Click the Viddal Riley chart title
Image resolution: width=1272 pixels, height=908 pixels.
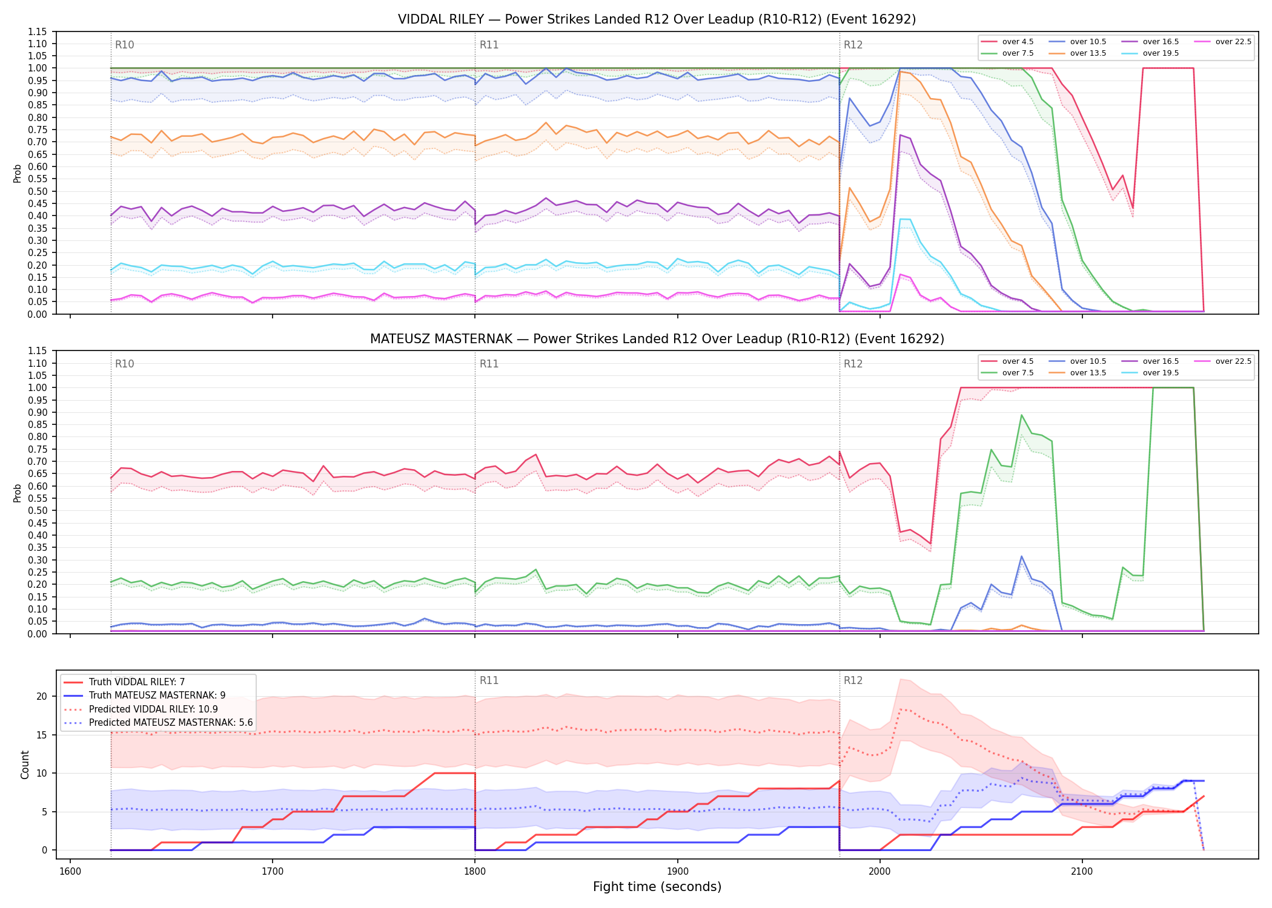(x=657, y=19)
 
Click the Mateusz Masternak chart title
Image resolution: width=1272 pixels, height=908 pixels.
(x=657, y=339)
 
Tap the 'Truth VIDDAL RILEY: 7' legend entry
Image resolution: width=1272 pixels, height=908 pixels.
(x=125, y=682)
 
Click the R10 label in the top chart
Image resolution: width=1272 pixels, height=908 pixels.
(x=124, y=45)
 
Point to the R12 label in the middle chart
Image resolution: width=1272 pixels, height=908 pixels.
(x=853, y=364)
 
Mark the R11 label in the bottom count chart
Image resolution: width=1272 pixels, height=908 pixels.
(x=489, y=680)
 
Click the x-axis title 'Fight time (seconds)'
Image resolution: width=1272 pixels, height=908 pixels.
(x=657, y=887)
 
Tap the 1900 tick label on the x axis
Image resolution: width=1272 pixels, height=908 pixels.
(x=677, y=872)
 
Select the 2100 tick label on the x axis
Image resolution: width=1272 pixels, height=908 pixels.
(x=1082, y=872)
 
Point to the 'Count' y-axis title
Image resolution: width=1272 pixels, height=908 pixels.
(x=25, y=765)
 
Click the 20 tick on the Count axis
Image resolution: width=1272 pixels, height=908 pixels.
(x=41, y=697)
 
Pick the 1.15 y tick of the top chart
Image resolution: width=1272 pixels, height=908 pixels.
(x=38, y=31)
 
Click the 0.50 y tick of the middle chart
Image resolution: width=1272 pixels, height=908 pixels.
(x=38, y=511)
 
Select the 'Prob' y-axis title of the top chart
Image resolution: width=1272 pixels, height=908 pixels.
(x=17, y=173)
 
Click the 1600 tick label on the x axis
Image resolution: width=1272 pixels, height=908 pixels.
(x=70, y=872)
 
